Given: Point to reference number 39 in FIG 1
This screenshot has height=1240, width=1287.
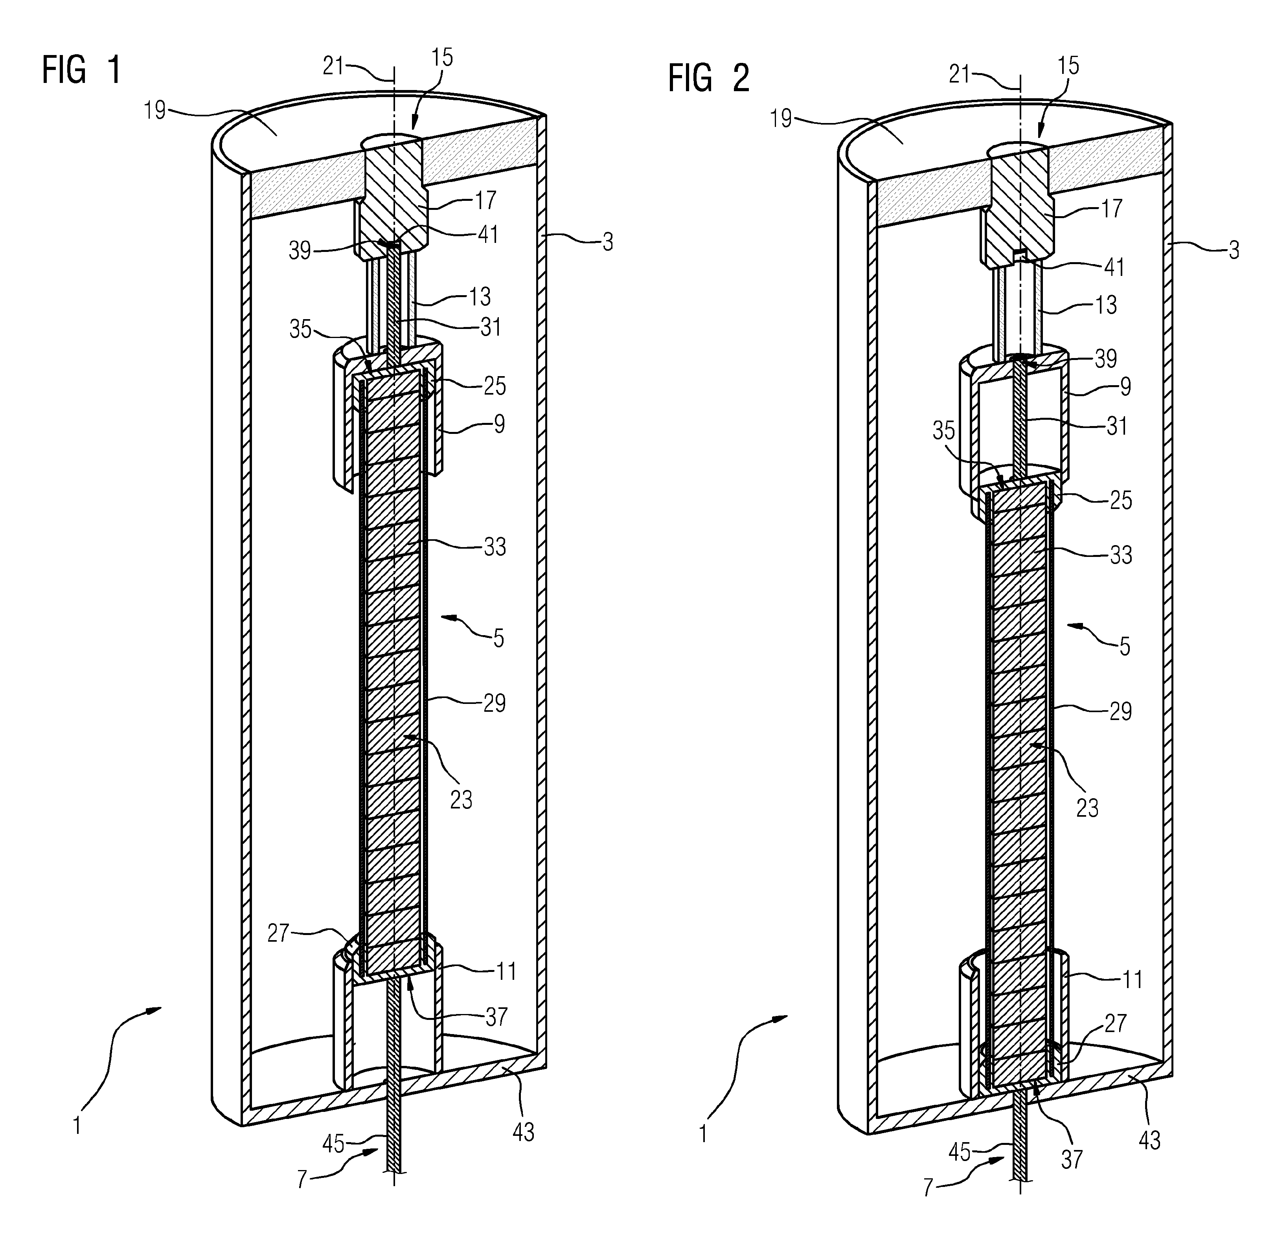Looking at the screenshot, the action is [300, 250].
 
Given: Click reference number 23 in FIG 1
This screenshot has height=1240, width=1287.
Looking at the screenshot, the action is [461, 799].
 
